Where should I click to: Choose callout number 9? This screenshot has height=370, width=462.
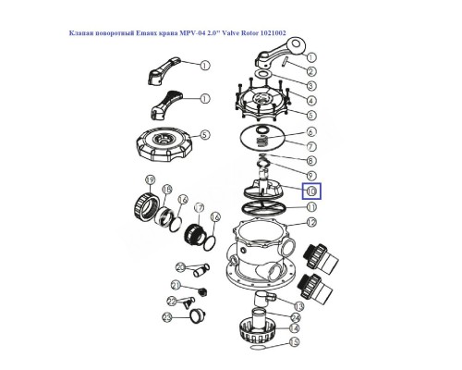point(310,176)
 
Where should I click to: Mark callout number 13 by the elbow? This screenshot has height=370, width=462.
point(298,305)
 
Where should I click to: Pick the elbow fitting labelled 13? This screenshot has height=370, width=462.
point(268,296)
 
